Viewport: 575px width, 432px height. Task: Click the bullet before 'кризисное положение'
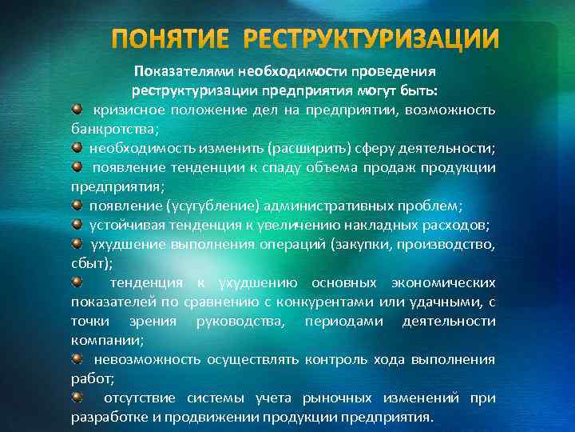[76, 107]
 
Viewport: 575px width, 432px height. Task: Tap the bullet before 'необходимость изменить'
[76, 147]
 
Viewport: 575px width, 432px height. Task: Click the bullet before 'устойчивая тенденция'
[76, 224]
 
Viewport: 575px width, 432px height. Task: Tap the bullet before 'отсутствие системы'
[76, 397]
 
